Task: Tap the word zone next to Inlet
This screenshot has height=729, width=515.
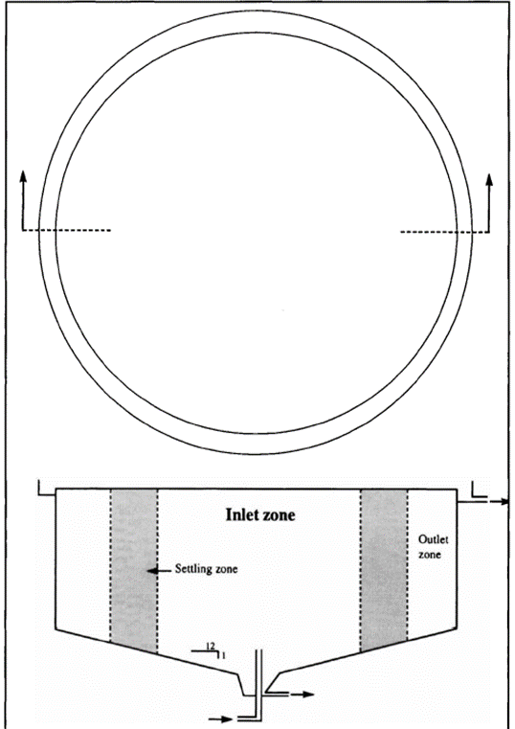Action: click(278, 516)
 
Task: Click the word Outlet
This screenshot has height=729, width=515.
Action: click(434, 539)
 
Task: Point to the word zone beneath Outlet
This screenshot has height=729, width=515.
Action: click(430, 555)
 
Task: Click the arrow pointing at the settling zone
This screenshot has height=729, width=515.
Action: click(158, 569)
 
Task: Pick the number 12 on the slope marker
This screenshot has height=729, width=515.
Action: click(211, 646)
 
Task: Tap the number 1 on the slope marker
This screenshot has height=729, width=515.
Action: click(224, 655)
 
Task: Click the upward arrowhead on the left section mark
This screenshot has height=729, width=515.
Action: click(23, 175)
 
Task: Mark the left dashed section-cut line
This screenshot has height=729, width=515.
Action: click(66, 230)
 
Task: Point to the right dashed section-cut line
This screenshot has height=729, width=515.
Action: click(444, 231)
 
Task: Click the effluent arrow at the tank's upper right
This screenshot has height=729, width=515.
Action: click(497, 502)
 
